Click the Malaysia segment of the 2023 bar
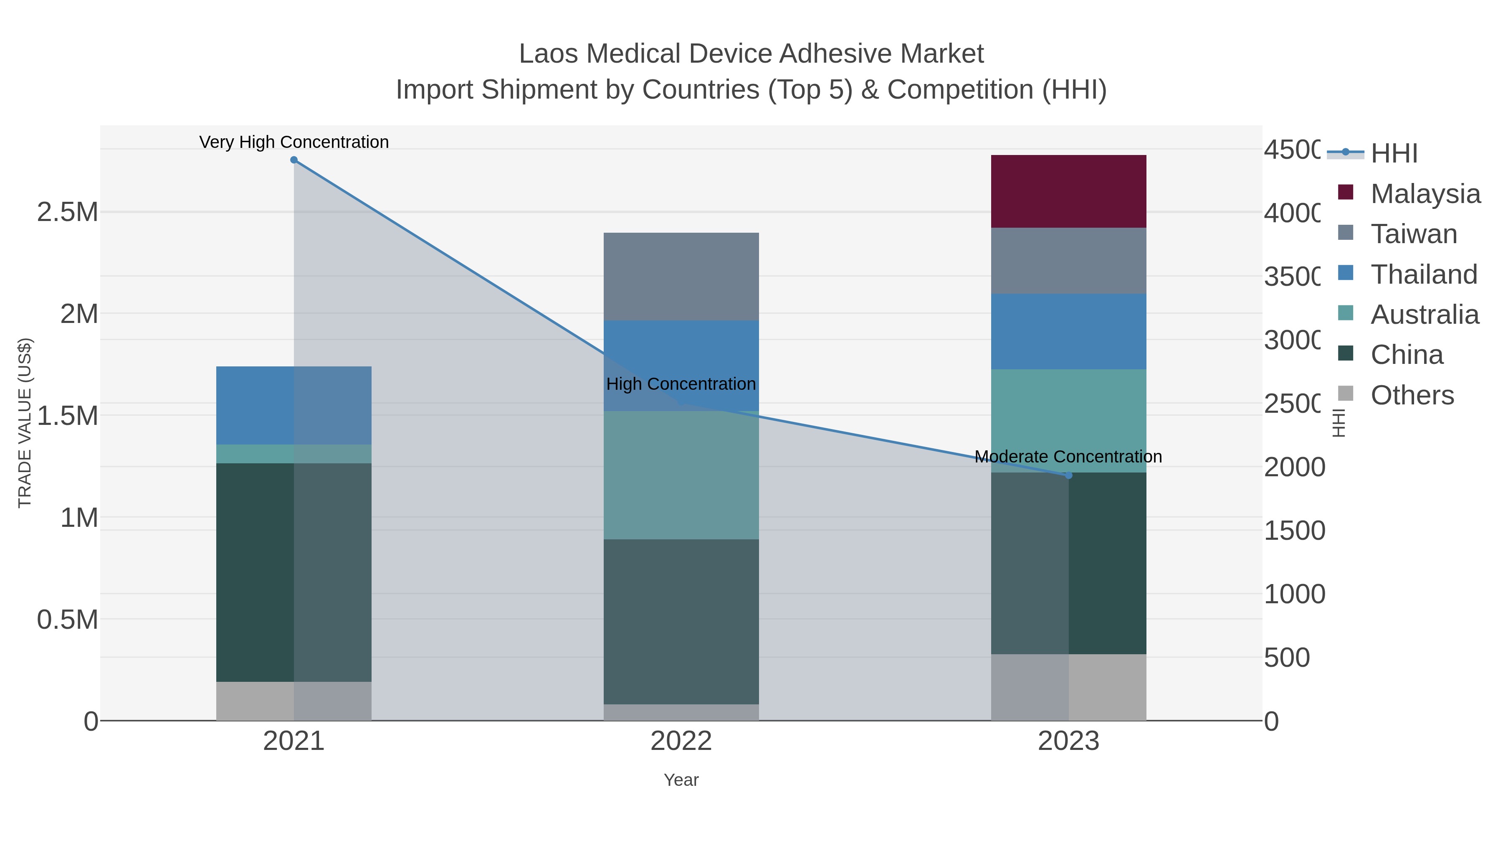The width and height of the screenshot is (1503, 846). [1068, 191]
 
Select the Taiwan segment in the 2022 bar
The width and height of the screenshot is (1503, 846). [681, 277]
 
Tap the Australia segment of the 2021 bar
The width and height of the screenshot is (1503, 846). [294, 454]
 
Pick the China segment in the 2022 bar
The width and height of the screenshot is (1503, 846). [681, 621]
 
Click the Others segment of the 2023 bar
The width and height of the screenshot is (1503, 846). [1068, 687]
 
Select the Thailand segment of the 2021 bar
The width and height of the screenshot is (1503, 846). [294, 405]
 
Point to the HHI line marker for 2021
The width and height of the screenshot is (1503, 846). [294, 160]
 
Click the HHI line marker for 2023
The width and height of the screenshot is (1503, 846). [1068, 475]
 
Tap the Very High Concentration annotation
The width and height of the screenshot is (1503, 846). [294, 142]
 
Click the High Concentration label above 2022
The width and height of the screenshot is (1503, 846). [681, 384]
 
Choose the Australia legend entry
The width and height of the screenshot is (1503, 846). [1424, 315]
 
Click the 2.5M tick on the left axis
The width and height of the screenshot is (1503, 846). [67, 212]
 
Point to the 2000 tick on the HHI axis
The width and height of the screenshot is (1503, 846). [1293, 467]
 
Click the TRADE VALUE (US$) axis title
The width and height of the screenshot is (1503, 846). [25, 423]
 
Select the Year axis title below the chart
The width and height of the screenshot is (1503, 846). [681, 780]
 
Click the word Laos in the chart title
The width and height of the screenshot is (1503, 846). [549, 54]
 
